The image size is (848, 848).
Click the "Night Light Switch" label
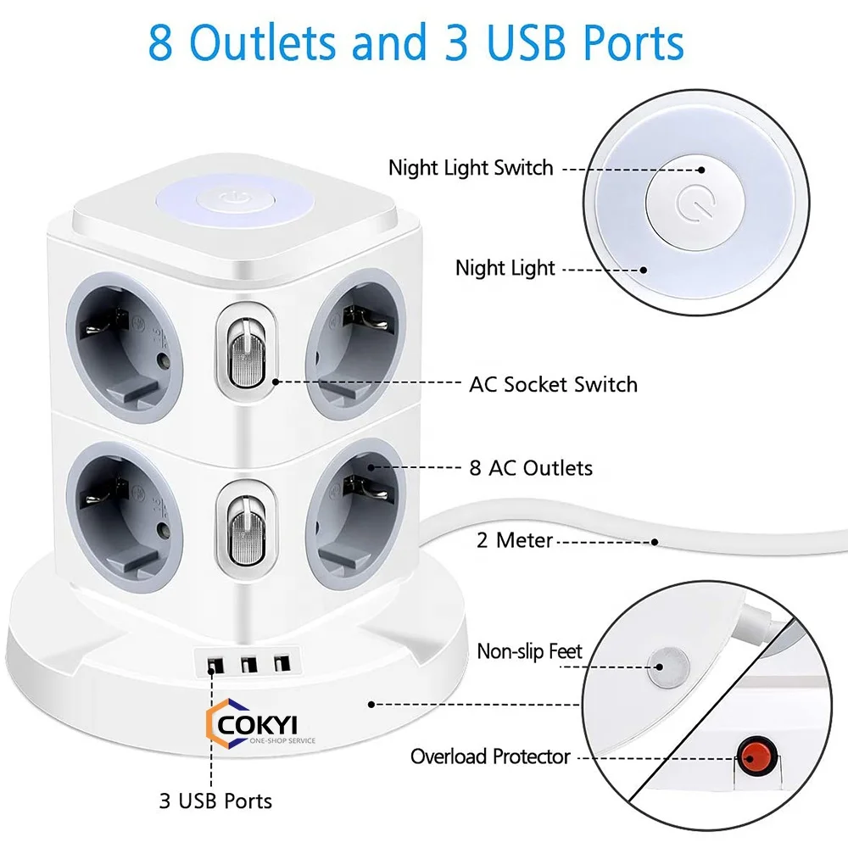471,168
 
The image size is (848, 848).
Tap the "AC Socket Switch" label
553,384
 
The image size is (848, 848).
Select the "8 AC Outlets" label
531,467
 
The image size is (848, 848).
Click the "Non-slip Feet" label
530,651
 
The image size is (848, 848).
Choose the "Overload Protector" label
490,756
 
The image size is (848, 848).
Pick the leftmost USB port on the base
212,664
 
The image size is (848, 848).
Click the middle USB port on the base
249,664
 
